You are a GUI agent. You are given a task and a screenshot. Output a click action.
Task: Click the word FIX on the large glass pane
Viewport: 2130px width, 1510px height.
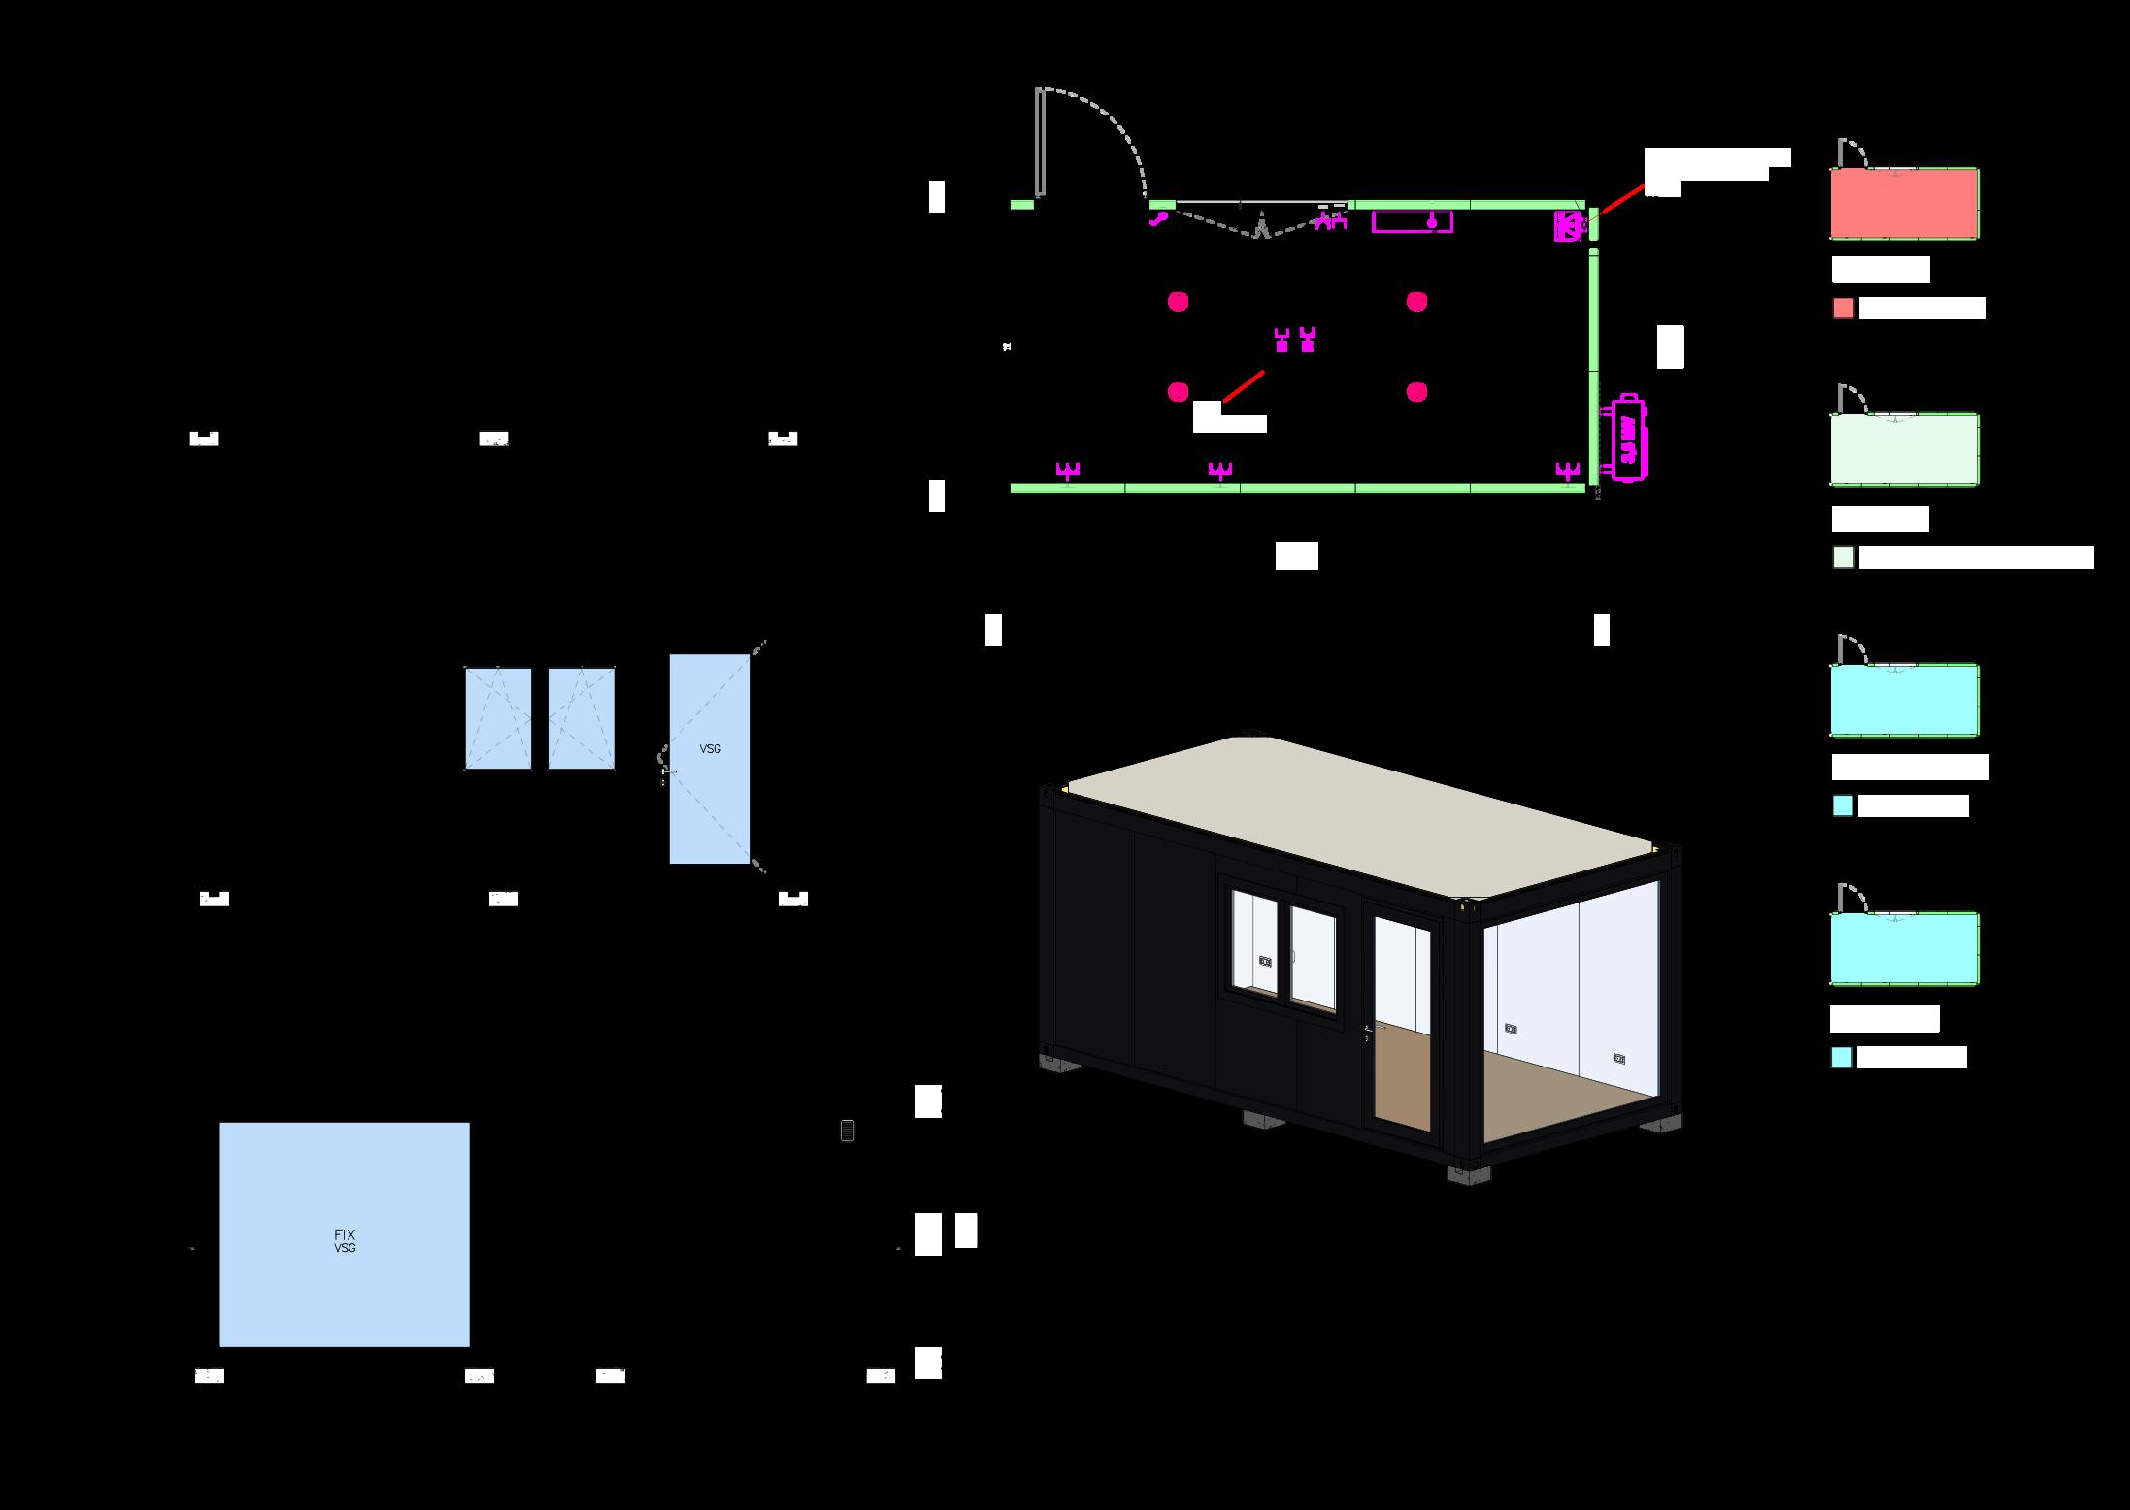coord(345,1234)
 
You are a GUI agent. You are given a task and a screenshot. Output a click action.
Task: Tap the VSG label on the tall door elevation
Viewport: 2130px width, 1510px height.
coord(710,749)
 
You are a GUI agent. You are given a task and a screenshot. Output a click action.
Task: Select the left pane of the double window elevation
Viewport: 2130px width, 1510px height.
coord(498,718)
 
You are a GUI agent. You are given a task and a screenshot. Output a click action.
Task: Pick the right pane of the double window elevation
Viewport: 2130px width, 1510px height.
coord(581,718)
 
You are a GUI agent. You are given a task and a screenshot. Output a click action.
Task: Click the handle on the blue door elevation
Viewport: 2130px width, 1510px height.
coord(667,771)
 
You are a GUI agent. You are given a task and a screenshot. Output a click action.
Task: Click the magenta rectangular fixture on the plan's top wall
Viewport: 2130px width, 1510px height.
coord(1412,222)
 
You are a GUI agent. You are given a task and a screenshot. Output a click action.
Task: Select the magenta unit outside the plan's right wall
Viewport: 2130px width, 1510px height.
coord(1628,437)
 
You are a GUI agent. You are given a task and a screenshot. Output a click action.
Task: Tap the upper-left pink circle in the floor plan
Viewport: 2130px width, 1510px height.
coord(1178,302)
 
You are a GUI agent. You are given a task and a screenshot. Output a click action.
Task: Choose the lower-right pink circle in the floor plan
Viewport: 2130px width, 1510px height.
coord(1416,392)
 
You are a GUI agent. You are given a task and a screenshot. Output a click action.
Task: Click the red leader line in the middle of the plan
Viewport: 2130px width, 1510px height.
coord(1244,386)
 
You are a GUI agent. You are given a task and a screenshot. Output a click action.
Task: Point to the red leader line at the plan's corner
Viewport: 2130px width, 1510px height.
coord(1621,200)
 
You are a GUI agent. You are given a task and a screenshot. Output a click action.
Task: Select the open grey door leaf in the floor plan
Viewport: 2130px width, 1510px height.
coord(1040,143)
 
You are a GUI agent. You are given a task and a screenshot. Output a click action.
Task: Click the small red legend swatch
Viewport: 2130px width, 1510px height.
coord(1843,309)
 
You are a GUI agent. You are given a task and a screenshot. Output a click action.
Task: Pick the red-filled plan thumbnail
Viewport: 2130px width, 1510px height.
coord(1903,203)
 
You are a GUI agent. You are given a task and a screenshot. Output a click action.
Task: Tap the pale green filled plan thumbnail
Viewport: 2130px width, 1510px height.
coord(1903,449)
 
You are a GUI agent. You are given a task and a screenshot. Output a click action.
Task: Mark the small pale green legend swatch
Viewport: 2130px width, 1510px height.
coord(1843,558)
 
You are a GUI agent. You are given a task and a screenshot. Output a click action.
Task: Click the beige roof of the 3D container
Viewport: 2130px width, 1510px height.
coord(1359,815)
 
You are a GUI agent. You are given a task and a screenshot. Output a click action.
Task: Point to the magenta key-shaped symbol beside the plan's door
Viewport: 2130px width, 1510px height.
coord(1158,219)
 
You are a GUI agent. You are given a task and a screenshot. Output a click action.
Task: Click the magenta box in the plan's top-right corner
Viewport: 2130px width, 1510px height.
coord(1568,226)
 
